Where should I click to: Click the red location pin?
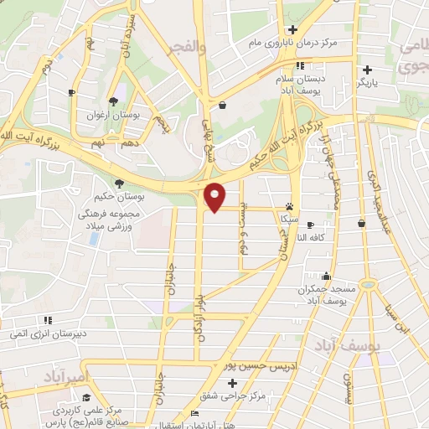(x=215, y=197)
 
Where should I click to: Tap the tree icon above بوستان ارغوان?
(x=113, y=101)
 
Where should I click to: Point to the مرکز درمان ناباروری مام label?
(x=302, y=43)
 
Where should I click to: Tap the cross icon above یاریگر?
(x=366, y=70)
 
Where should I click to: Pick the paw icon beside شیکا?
(x=289, y=205)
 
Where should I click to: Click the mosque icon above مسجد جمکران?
(x=325, y=277)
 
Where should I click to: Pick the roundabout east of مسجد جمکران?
(x=366, y=285)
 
